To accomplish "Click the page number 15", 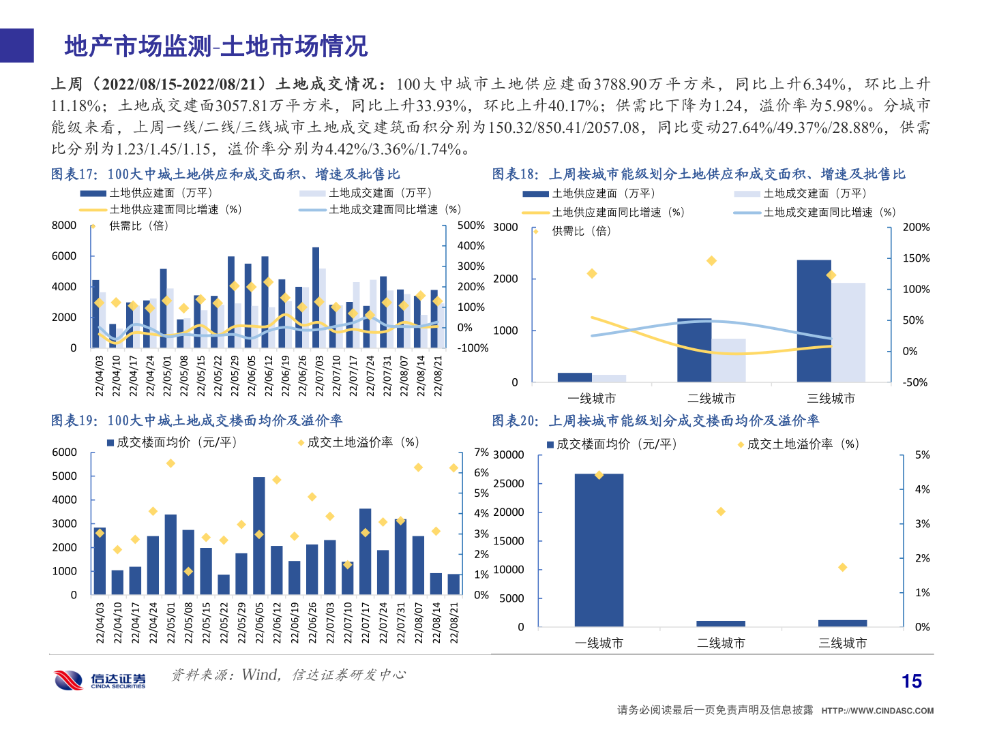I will (x=911, y=681).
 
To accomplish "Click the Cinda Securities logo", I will (x=100, y=679).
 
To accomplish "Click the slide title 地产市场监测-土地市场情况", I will (x=216, y=46).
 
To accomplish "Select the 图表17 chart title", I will (x=225, y=174).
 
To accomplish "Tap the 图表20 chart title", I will (x=655, y=420).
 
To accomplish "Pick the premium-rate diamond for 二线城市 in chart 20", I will (x=721, y=512).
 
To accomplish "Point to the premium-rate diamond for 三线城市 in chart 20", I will (x=843, y=567).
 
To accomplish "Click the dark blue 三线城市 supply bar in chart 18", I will (x=814, y=320).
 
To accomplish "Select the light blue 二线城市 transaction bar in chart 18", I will (x=728, y=360).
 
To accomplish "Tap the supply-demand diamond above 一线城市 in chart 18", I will (x=592, y=273).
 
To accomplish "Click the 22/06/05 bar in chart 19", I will (x=259, y=535).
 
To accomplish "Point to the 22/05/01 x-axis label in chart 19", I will (x=171, y=622).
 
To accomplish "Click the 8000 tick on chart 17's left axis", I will (x=64, y=226).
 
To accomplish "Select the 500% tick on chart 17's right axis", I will (x=471, y=226).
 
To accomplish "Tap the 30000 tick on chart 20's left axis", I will (x=509, y=455).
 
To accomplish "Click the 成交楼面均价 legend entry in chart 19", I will (x=172, y=442).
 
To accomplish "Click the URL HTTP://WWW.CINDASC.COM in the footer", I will (x=877, y=711).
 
